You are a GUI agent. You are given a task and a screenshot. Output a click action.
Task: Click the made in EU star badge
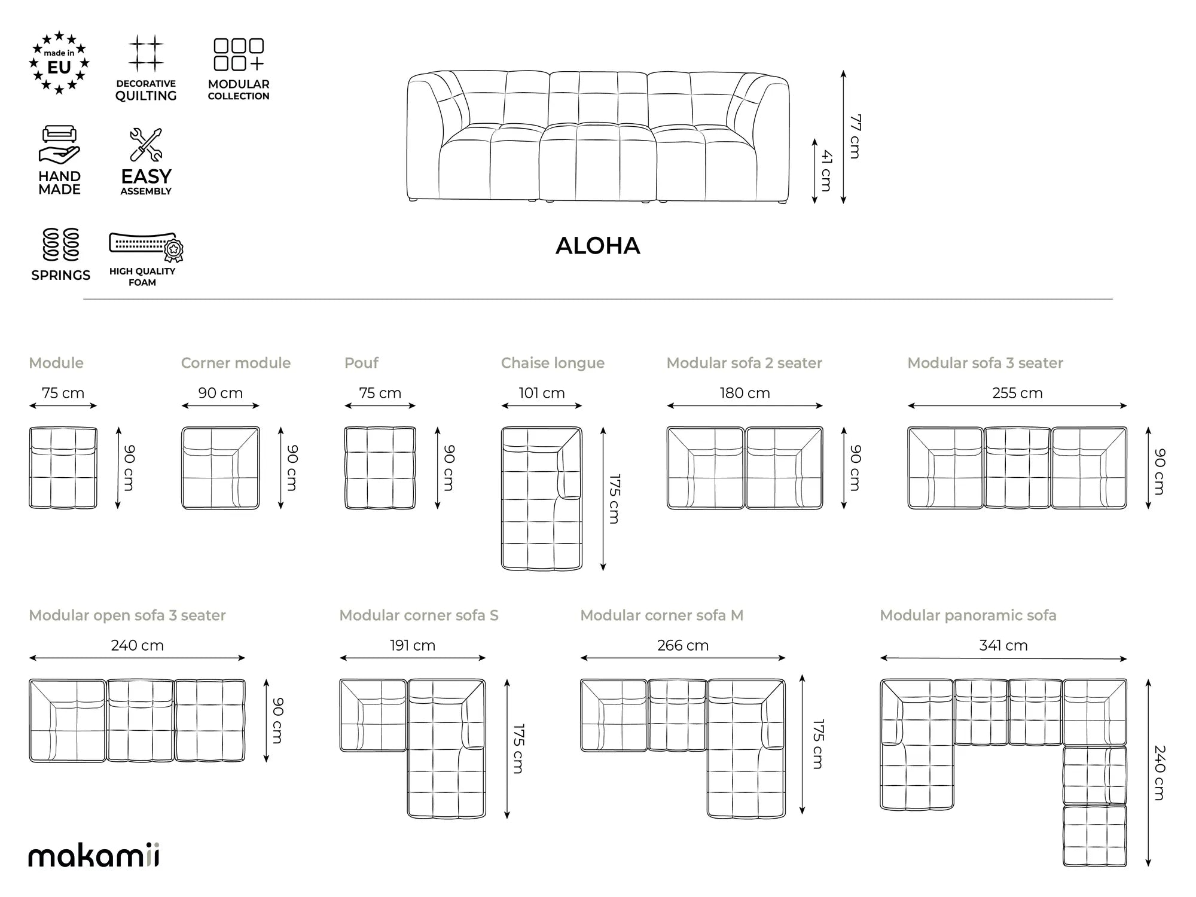[x=59, y=63]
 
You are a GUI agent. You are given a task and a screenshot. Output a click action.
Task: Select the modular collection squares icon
[x=239, y=55]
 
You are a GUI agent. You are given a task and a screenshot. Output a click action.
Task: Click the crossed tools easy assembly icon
[x=146, y=145]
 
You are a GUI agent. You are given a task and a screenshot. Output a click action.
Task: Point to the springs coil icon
[x=61, y=245]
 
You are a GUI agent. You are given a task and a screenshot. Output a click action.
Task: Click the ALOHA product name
[x=598, y=246]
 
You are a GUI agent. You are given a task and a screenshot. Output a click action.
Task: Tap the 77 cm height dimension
[x=855, y=136]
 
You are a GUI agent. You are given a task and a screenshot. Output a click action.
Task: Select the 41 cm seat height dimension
[x=826, y=171]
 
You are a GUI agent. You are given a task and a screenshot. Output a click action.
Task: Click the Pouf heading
[x=361, y=363]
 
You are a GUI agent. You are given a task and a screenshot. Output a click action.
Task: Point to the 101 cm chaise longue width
[x=542, y=393]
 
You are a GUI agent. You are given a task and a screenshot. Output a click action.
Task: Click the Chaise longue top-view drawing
[x=542, y=498]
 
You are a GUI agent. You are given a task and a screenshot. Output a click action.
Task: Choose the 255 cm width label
[x=1017, y=393]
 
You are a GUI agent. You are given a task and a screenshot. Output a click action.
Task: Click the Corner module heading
[x=236, y=363]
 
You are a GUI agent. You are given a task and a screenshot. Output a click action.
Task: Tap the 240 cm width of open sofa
[x=137, y=645]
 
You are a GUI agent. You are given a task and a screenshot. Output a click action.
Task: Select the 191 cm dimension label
[x=413, y=645]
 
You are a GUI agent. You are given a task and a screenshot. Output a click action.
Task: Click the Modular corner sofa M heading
[x=662, y=615]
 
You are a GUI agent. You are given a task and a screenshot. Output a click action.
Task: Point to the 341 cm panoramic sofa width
[x=1003, y=645]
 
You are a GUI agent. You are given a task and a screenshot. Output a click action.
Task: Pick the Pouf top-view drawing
[x=380, y=468]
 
